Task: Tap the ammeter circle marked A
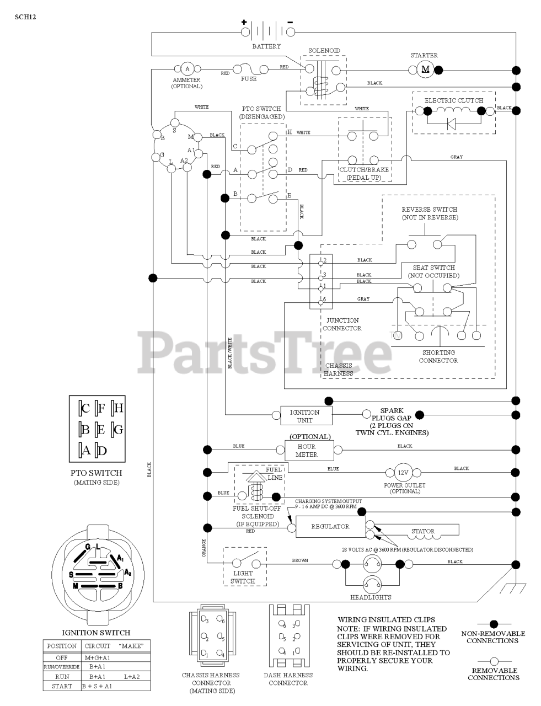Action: click(x=187, y=69)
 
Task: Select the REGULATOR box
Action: click(x=330, y=527)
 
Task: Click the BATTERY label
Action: click(x=266, y=46)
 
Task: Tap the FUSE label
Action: click(x=249, y=79)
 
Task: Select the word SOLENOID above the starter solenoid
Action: click(x=324, y=51)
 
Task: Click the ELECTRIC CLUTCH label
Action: click(x=453, y=100)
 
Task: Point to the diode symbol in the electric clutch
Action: click(x=451, y=124)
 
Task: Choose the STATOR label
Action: click(x=423, y=531)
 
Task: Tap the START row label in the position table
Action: click(x=62, y=686)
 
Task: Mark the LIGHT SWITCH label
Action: click(x=243, y=577)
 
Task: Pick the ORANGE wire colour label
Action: click(x=204, y=548)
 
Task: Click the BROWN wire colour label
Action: click(x=300, y=560)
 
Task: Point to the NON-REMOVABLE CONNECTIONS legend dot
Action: click(x=493, y=624)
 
